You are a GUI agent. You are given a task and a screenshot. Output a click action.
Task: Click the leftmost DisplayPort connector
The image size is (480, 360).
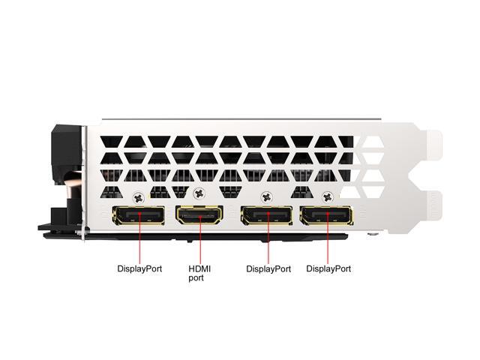[x=139, y=215]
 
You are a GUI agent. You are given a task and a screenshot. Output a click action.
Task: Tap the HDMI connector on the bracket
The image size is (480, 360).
[x=199, y=215]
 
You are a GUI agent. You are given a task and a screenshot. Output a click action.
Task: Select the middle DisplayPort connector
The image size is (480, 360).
[x=267, y=216]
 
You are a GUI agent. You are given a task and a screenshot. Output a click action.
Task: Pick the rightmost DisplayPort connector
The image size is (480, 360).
[x=327, y=216]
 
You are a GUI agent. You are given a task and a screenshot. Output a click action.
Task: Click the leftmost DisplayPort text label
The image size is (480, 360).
[x=139, y=268]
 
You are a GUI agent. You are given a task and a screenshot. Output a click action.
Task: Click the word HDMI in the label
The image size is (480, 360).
[x=199, y=269]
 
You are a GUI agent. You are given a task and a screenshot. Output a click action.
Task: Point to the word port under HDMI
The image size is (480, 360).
[x=196, y=278]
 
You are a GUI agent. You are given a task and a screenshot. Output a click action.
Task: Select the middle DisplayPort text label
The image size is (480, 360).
[x=268, y=269]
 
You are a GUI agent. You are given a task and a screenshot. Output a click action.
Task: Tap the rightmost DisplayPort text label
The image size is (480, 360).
[x=328, y=268]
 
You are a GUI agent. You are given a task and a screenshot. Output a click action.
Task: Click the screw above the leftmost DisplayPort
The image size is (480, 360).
[x=139, y=197]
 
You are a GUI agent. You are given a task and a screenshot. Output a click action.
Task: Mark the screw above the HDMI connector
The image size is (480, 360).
[x=199, y=193]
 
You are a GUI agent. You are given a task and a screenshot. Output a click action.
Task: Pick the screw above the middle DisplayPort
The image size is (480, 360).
[x=267, y=197]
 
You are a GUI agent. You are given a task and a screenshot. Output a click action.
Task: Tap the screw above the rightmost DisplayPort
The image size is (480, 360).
[x=328, y=197]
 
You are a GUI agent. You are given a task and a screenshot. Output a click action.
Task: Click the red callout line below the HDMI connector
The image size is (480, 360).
[x=200, y=238]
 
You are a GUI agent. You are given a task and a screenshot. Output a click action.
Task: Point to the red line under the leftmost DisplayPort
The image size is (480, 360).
[x=140, y=238]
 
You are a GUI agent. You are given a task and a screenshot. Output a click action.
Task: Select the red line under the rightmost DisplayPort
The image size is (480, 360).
[x=328, y=238]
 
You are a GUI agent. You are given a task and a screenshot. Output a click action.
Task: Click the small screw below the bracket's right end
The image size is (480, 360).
[x=372, y=235]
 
